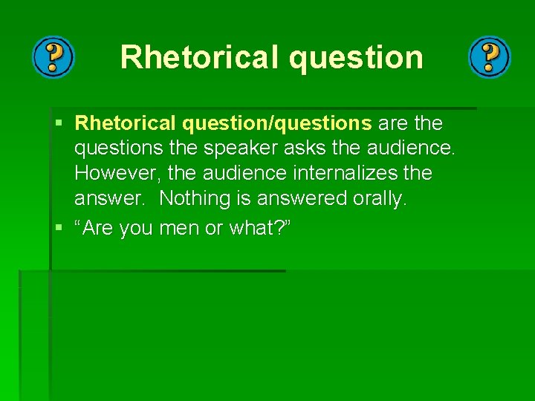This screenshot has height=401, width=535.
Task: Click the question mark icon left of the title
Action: click(53, 57)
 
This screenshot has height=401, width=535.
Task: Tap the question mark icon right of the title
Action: click(490, 57)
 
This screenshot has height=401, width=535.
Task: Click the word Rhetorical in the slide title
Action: click(198, 57)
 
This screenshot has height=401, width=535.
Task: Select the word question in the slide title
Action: click(357, 57)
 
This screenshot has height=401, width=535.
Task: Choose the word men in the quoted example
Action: click(179, 229)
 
